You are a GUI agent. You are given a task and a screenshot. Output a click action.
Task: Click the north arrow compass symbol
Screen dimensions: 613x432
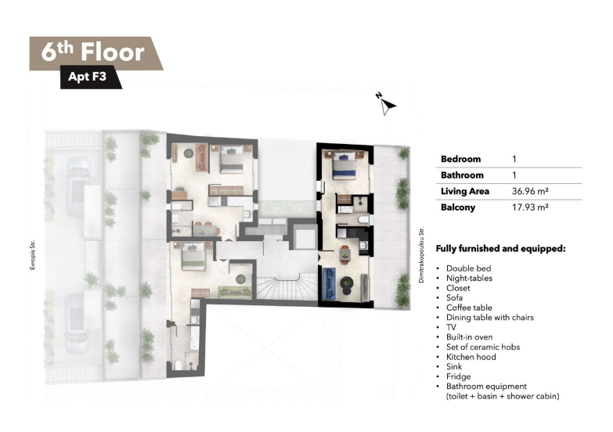point(386,104)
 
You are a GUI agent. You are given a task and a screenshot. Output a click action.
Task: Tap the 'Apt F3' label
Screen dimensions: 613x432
point(87,76)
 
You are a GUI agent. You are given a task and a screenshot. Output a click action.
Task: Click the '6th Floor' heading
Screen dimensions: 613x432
point(93,52)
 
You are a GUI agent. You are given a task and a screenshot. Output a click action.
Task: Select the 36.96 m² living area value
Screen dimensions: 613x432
point(530,191)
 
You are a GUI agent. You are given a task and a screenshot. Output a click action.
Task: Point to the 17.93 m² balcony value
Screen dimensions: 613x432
point(530,207)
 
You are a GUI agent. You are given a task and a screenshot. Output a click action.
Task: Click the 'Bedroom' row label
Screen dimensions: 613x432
point(460,159)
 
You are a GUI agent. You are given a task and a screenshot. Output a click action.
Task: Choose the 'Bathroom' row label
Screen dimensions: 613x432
point(462,175)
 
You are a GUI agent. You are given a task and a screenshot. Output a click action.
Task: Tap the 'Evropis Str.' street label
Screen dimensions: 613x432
point(32,255)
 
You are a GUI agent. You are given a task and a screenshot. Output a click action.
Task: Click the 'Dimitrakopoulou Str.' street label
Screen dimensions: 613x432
point(421,255)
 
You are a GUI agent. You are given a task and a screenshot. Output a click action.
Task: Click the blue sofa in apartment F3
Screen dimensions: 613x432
point(329,283)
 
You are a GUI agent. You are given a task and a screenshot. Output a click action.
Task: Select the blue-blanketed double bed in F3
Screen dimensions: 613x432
point(344,165)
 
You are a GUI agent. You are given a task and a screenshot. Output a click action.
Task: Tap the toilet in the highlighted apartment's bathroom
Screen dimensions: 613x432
point(362,219)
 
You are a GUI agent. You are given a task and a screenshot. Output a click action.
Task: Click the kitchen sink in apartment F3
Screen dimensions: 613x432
point(363,246)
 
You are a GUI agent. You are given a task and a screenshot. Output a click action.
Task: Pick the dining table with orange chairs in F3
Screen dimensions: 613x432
point(344,255)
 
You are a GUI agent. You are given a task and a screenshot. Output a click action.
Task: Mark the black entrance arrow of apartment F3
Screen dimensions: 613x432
point(319,257)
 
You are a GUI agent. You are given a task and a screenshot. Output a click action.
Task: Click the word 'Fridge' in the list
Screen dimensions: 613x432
point(458,376)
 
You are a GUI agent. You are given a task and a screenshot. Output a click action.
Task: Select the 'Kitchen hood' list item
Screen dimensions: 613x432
point(471,357)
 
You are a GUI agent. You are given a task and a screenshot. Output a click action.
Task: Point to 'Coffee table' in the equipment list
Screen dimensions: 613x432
point(469,308)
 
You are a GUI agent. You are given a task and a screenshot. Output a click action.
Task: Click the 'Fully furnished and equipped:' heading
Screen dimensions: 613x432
point(500,249)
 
